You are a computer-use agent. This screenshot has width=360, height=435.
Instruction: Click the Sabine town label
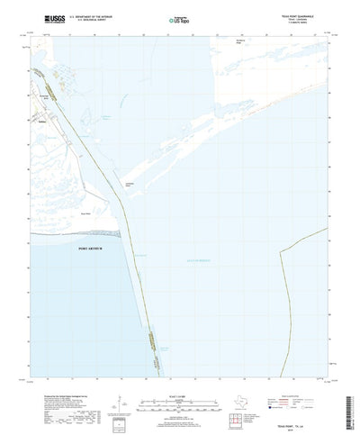[42, 103]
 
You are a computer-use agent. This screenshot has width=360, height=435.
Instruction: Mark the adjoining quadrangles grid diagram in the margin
[241, 396]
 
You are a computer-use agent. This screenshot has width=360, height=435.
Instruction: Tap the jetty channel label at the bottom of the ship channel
[165, 347]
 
